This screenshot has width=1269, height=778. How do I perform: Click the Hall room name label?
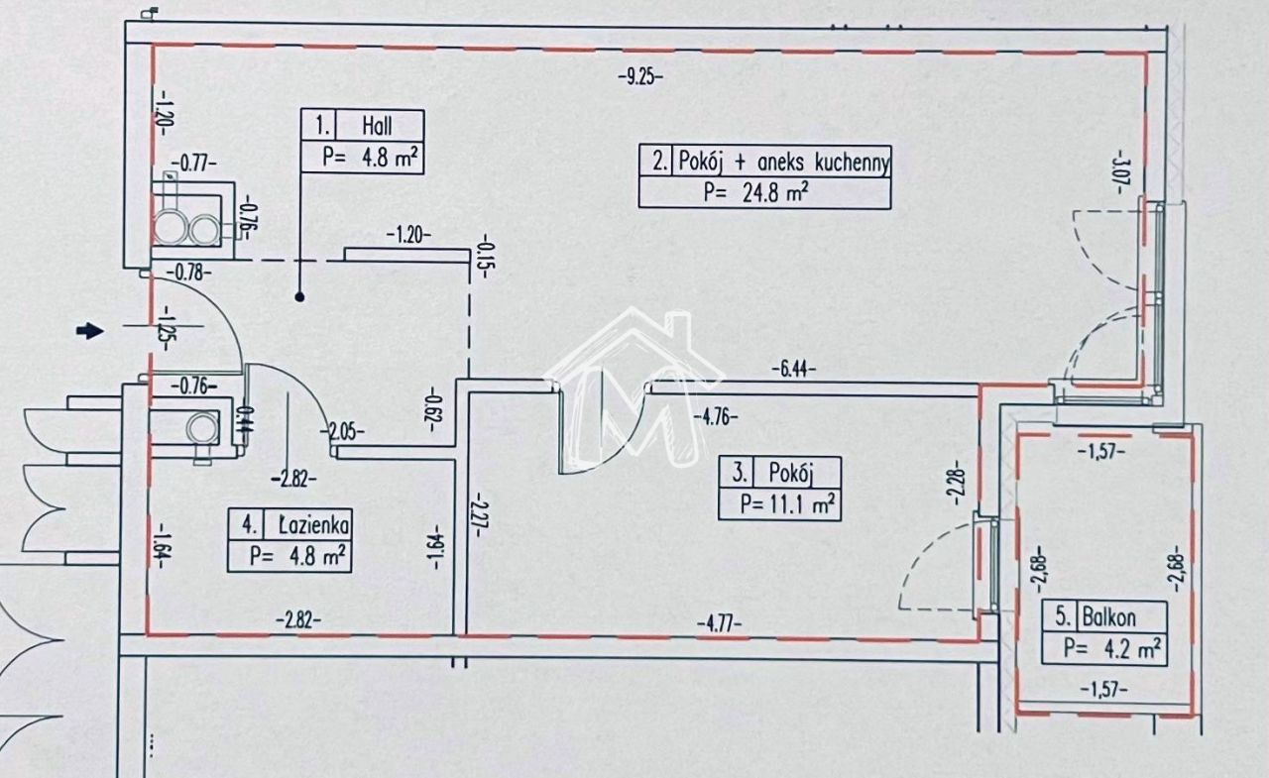coord(377,126)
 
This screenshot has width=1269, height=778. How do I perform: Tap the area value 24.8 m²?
coord(774,192)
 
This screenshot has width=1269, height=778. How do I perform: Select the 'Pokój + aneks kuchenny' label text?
coord(783,163)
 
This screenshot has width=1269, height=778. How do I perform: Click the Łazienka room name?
coord(314,525)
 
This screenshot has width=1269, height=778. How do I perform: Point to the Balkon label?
coord(1108,617)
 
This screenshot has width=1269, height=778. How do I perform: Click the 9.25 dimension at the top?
coord(640,76)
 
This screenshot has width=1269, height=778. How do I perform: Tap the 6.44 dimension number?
coord(794,370)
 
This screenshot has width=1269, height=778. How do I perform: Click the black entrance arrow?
coord(90,331)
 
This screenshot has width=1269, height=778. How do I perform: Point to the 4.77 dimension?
coord(719,624)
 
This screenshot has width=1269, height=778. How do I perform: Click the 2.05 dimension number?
coord(343,432)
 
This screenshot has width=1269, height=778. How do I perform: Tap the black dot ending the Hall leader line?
coord(299,296)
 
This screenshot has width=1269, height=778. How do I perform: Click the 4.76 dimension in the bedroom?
coord(716,417)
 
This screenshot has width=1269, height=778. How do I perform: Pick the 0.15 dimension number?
coord(485,257)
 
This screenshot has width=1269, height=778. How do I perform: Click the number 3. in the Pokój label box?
coord(740,472)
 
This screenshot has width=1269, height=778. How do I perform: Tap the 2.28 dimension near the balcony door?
coord(956,483)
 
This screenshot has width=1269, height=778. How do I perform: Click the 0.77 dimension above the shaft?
coord(194,164)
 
